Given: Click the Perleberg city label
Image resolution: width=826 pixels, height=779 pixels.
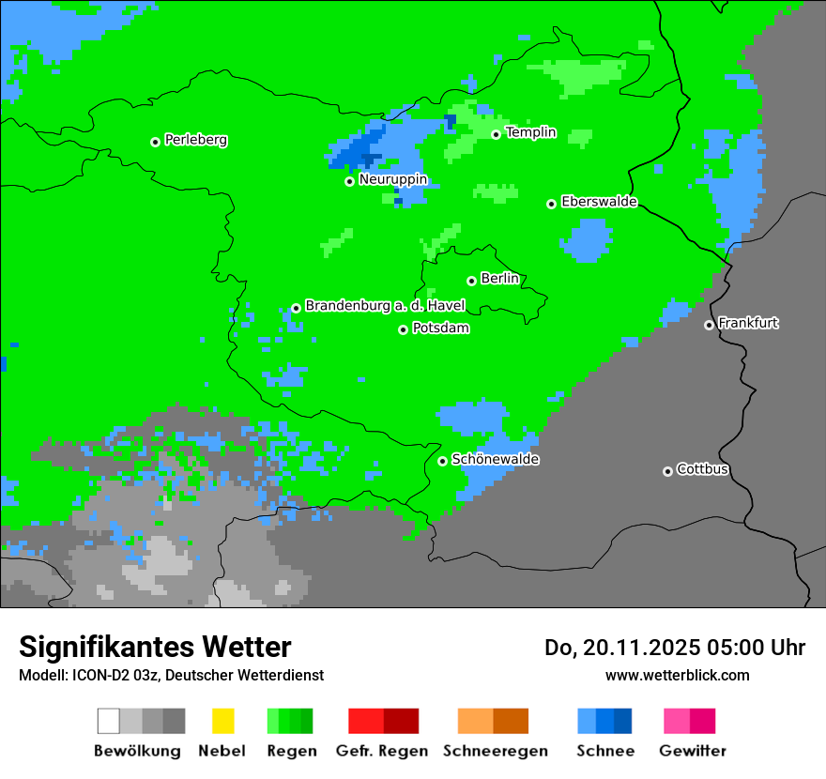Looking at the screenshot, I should (195, 140).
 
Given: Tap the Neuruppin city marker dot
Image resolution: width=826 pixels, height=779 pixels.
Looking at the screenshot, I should (349, 181).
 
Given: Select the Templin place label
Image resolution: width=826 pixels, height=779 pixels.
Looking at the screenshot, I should (530, 132).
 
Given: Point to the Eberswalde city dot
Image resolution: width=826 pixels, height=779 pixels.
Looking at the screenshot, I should (552, 204).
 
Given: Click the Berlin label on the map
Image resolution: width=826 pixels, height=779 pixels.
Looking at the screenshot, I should (499, 279).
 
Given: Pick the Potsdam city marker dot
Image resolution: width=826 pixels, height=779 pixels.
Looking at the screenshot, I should (403, 329).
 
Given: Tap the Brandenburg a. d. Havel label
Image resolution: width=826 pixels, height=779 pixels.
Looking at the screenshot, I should (385, 306).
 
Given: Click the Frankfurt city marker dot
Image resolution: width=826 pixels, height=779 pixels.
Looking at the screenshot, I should (709, 325).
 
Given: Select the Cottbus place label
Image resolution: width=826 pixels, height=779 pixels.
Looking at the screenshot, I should (702, 469).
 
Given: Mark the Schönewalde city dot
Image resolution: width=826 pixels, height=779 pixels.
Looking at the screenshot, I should (442, 461).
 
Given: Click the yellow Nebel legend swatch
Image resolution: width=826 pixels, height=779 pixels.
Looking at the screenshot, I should (222, 721).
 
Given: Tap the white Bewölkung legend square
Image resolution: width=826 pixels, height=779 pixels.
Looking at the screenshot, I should (109, 721).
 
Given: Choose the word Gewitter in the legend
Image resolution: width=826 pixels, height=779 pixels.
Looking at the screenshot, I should (692, 751).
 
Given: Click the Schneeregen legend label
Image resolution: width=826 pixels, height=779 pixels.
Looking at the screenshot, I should (494, 751).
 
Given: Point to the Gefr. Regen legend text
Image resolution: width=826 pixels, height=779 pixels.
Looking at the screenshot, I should (381, 751).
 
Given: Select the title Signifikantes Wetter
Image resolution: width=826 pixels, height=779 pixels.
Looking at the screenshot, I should (155, 647).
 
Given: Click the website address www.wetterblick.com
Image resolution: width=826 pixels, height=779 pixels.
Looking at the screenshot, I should (677, 675).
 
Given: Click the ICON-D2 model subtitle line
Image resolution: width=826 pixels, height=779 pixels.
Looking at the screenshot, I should (171, 675).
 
